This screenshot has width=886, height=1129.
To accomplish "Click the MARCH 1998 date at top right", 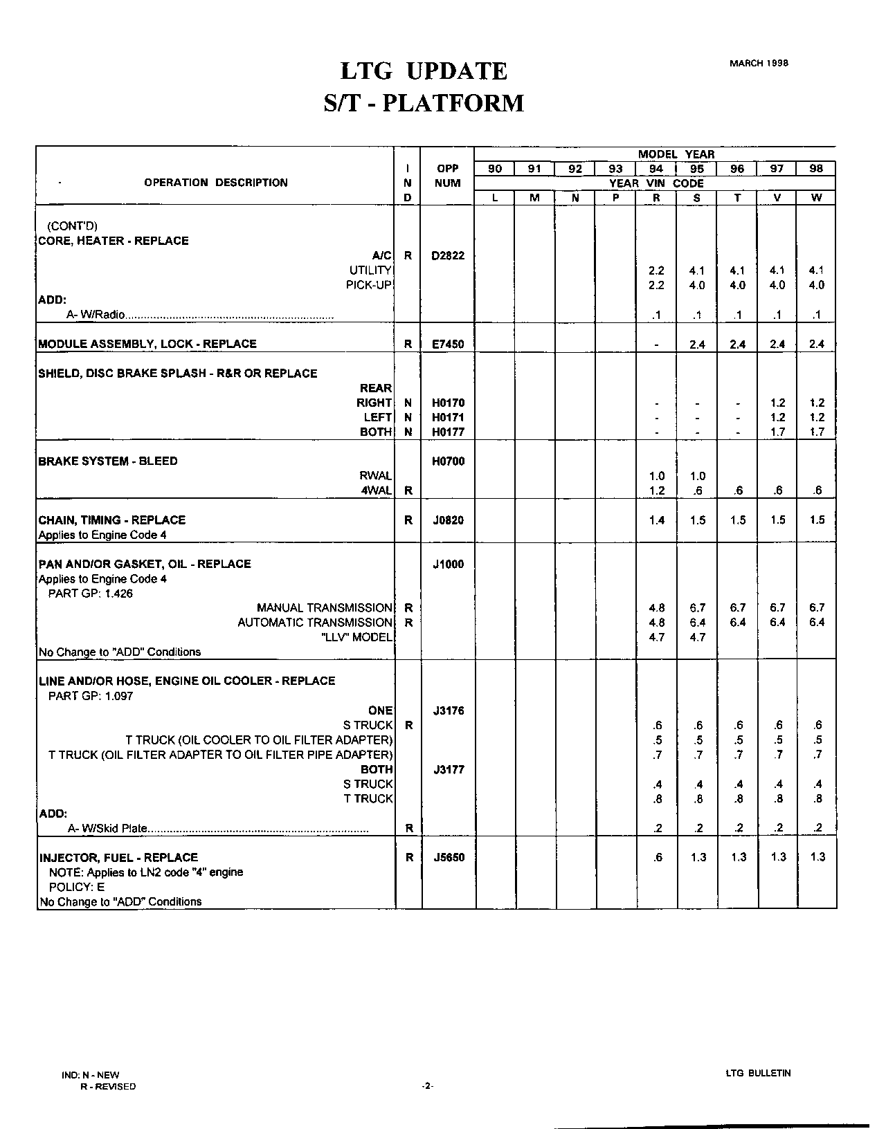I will point(759,63).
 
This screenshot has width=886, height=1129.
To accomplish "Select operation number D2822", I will point(448,255).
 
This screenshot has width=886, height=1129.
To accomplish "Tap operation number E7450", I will point(448,344).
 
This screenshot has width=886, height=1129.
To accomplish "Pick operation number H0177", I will point(448,432).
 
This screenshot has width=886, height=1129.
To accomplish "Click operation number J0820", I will point(448,520).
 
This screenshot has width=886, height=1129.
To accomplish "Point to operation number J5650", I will point(448,857).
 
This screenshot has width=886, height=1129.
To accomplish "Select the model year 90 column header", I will point(495,169).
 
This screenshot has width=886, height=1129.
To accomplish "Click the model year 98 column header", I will point(817,169).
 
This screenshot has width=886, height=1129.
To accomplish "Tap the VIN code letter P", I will point(615,198).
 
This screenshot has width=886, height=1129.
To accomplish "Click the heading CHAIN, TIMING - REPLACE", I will point(112,520).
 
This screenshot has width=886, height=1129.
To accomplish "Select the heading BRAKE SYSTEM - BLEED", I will point(108,461).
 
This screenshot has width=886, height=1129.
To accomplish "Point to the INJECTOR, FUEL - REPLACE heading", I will point(119,857).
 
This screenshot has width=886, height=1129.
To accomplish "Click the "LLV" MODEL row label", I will point(357,637).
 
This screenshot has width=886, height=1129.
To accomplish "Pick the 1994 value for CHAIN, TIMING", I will point(657,520).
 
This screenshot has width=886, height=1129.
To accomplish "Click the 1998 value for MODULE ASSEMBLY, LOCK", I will point(817,344).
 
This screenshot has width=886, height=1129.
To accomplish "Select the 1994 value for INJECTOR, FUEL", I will point(657,857).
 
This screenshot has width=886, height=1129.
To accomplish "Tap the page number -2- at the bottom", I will point(427,1087).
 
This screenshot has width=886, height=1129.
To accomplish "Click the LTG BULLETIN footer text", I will point(758,1073).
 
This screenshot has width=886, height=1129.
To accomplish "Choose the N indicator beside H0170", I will point(408,403).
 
